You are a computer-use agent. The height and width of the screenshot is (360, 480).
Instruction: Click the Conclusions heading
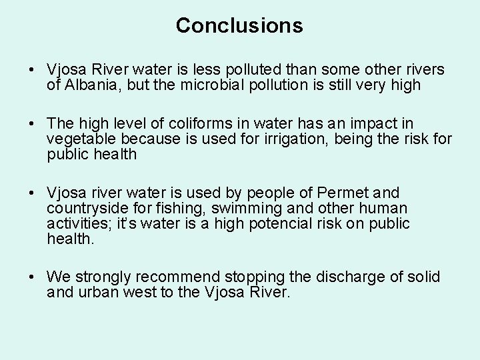pos(239,25)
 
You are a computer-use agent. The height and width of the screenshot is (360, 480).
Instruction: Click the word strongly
pos(102,277)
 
